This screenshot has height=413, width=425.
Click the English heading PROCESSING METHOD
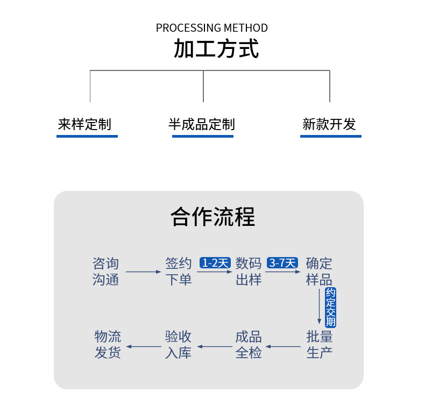point(211,28)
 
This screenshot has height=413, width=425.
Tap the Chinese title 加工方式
point(216,49)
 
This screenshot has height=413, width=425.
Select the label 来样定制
point(84,125)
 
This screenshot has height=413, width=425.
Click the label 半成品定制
point(202,125)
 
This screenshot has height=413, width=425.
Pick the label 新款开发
point(329,125)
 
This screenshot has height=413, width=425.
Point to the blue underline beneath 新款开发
point(330,136)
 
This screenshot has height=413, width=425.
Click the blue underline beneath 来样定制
point(87,136)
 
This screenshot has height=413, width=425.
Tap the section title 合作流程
point(212,217)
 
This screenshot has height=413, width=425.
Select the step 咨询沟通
point(105,272)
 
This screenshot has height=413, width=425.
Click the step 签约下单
point(179,272)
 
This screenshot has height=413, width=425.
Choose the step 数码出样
point(249,272)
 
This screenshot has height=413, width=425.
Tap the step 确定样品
point(319,272)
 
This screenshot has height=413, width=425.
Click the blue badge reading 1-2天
point(215,263)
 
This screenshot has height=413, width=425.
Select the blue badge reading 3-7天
point(282,263)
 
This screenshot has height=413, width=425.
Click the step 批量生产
point(319,345)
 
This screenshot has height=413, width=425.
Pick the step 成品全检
point(249,345)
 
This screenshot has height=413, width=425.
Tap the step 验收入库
point(179,345)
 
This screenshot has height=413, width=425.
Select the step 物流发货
point(108,345)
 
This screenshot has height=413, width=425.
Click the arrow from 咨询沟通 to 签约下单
point(143,272)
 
